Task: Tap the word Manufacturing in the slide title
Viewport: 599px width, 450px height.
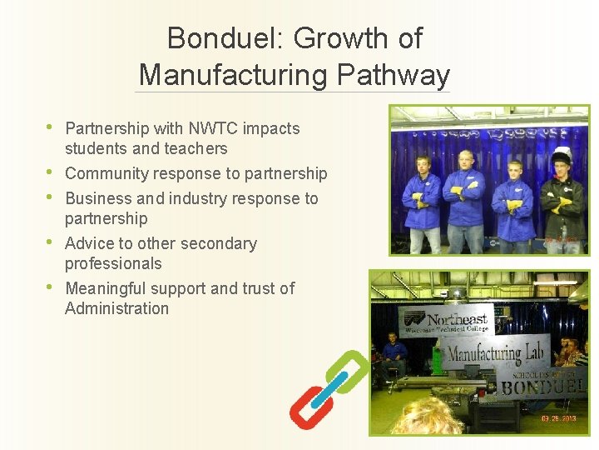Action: tap(234, 75)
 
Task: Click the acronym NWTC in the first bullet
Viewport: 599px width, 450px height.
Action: tap(214, 128)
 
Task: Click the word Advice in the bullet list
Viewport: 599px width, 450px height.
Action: tap(88, 243)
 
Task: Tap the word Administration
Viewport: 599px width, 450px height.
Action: tap(116, 308)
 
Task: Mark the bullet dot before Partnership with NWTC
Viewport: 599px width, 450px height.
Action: tap(50, 127)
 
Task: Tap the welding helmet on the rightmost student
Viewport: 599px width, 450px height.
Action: tap(562, 157)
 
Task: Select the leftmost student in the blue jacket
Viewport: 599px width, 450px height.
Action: tap(422, 204)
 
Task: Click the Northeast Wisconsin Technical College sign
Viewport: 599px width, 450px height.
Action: tap(448, 321)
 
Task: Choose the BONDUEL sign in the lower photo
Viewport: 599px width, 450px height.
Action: tap(542, 385)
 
